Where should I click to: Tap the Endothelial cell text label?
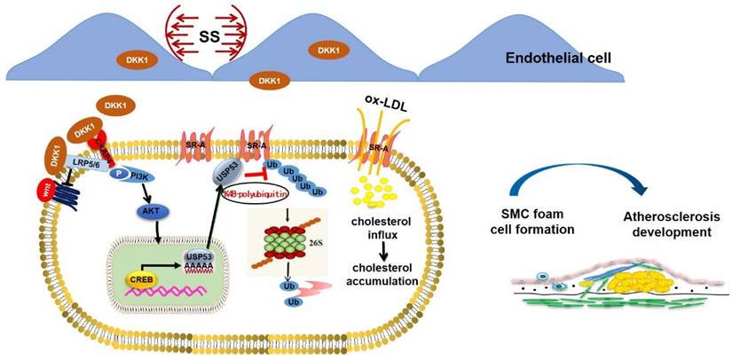558,59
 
